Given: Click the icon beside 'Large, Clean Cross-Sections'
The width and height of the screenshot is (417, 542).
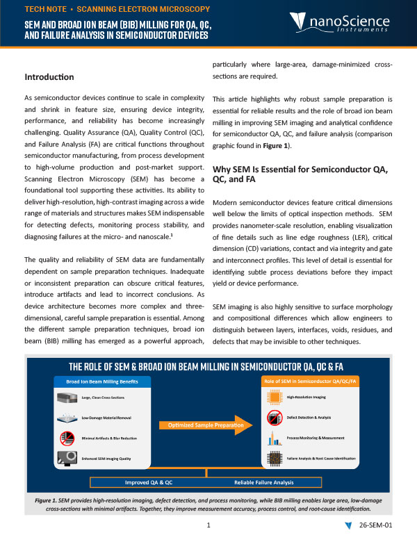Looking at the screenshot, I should tap(69, 398).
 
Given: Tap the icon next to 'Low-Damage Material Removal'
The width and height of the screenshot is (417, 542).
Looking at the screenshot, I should tap(69, 419).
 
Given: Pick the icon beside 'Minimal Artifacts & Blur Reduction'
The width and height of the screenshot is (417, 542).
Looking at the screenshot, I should tap(69, 439).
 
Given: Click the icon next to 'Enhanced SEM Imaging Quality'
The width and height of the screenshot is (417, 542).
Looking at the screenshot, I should tap(69, 459).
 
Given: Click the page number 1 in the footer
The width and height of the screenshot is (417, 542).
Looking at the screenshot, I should tap(208, 526).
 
